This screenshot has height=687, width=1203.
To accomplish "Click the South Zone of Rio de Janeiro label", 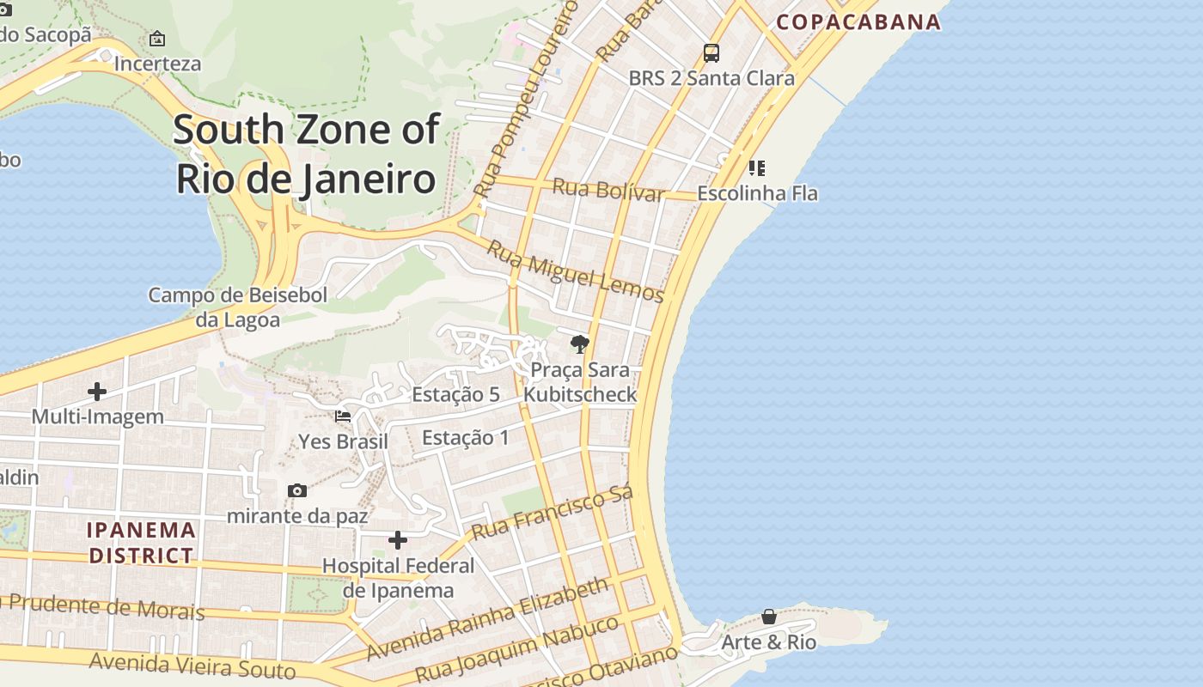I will (307, 155).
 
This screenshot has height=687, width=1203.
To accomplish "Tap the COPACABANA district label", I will (858, 22).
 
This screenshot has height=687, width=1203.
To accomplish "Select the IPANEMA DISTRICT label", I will (142, 543).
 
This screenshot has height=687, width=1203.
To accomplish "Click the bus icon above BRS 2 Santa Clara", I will (711, 53).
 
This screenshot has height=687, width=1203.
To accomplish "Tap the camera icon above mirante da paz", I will (297, 490).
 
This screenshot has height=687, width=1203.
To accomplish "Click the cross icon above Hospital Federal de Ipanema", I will (397, 540).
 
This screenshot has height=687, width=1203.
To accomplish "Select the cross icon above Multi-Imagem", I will (97, 392).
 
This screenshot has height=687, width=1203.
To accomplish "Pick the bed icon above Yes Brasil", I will (343, 416).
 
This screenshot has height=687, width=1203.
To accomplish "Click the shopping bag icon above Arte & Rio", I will (769, 617).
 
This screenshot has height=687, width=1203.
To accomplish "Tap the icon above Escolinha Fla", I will (757, 168).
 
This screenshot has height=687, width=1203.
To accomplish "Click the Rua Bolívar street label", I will (608, 190).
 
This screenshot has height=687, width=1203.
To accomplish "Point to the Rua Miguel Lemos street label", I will (576, 271).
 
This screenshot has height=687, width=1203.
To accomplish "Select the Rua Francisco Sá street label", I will (553, 513).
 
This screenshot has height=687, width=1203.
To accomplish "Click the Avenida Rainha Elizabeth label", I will (487, 619).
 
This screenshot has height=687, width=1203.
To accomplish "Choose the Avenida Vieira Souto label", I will (192, 665).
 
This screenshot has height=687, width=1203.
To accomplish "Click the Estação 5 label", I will (456, 395).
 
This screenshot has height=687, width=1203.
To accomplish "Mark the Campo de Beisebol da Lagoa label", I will (238, 307).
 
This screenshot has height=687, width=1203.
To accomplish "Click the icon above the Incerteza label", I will (157, 39).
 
